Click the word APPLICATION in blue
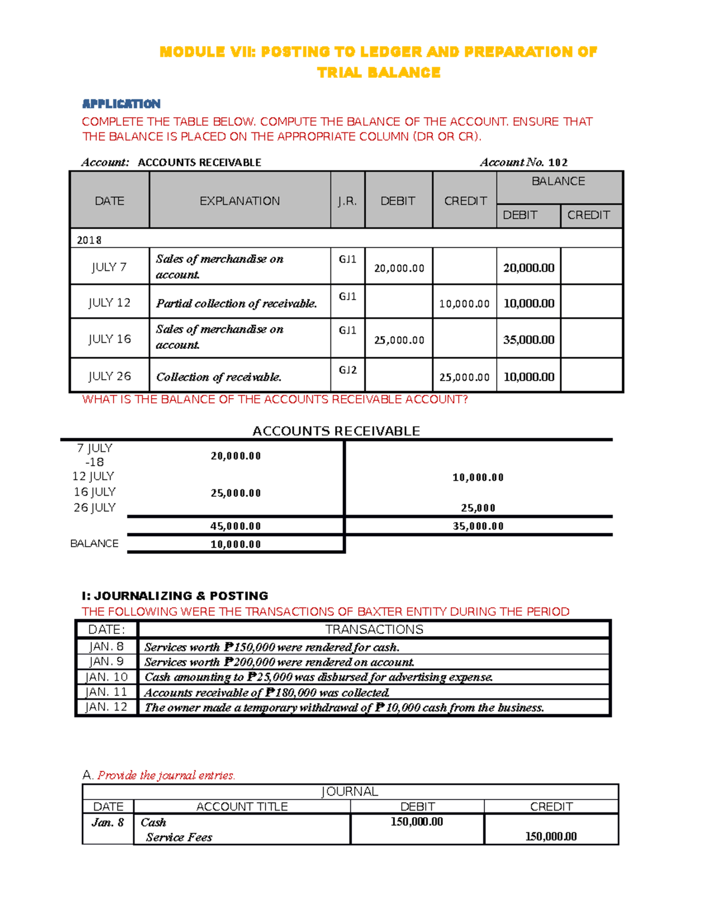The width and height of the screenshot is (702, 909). [121, 104]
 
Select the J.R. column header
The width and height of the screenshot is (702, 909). [347, 201]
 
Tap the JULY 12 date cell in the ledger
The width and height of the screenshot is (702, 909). [109, 303]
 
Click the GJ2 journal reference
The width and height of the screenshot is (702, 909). [347, 370]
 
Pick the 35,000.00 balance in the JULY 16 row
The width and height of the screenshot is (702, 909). [528, 339]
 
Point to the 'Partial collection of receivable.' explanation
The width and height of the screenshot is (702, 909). [236, 303]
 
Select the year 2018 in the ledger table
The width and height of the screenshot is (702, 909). [89, 240]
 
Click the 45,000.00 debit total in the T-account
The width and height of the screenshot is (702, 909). [235, 526]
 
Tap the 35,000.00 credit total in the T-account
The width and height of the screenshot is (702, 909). [478, 526]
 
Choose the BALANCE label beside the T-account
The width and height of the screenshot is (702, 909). [94, 544]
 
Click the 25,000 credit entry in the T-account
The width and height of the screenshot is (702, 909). [478, 508]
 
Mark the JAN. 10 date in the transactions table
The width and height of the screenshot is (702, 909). [106, 677]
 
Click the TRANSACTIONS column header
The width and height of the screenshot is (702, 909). [374, 630]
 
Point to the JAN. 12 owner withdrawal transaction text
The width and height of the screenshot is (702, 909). [344, 708]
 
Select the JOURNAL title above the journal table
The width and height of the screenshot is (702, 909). [350, 791]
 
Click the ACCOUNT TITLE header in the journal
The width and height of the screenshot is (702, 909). [242, 807]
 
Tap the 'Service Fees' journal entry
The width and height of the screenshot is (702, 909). [179, 838]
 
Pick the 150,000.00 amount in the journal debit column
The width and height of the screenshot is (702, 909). [417, 822]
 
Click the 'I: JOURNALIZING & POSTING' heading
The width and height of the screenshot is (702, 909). [175, 596]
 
